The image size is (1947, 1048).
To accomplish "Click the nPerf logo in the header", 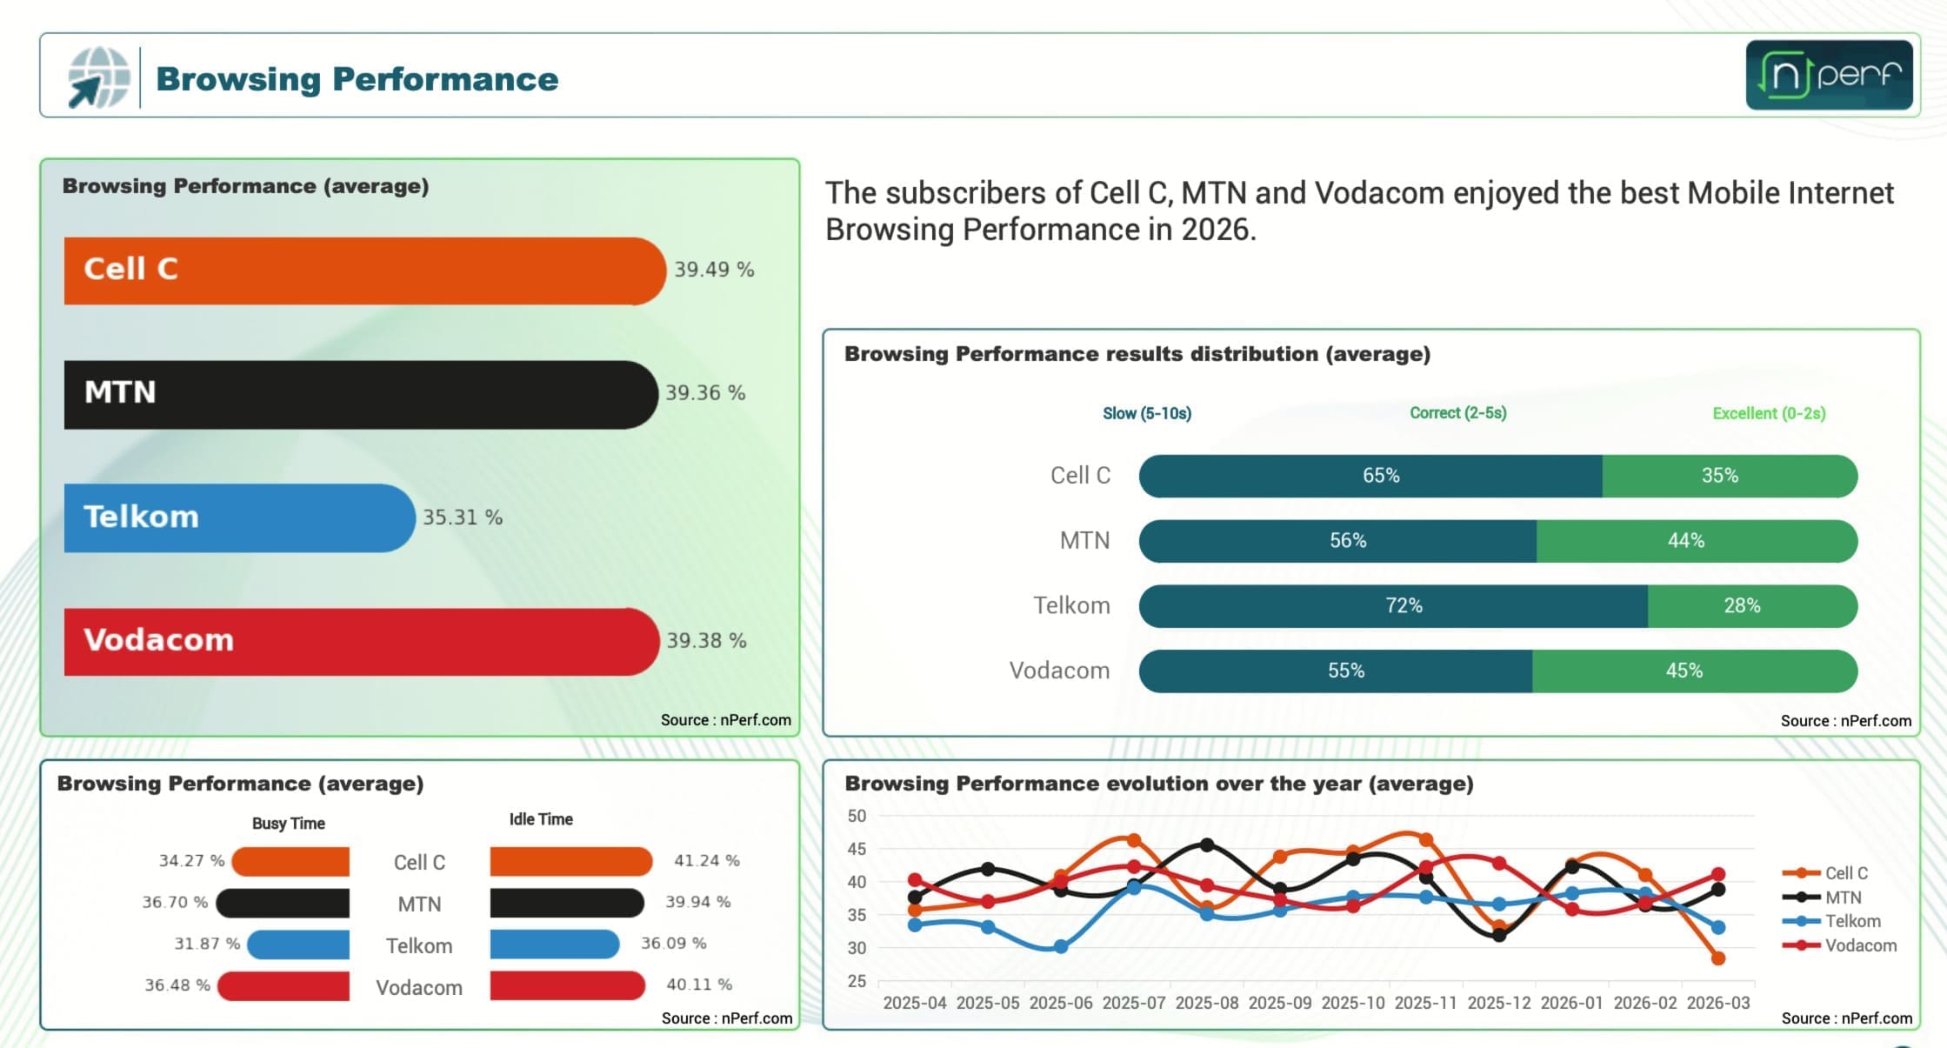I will tap(1829, 75).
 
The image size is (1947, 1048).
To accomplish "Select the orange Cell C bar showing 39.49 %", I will tap(363, 270).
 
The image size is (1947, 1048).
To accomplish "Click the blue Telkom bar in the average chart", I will tap(239, 517).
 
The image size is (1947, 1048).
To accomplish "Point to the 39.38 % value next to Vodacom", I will tap(706, 641).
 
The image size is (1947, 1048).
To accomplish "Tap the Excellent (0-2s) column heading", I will tap(1769, 413).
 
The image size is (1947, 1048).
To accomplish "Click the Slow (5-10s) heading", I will tap(1146, 413).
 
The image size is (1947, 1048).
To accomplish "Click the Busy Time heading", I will tap(288, 823).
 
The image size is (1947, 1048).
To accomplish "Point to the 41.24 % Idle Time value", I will tap(706, 860).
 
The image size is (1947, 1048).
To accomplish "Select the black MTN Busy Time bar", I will tap(283, 903).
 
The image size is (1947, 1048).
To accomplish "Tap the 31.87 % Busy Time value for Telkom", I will tap(207, 944).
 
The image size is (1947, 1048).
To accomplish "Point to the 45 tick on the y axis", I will tap(857, 849).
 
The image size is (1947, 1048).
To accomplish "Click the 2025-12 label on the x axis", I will tap(1498, 1003).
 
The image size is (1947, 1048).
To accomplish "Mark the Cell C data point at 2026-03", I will tap(1717, 958).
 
